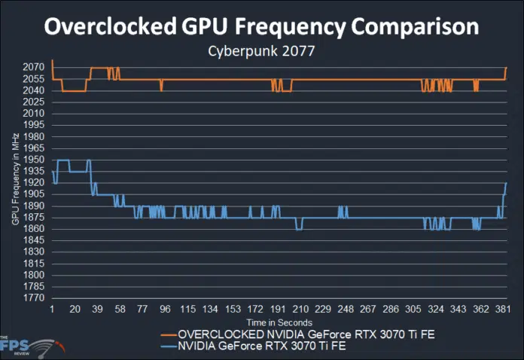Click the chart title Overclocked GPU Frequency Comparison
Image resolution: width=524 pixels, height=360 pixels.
(261, 26)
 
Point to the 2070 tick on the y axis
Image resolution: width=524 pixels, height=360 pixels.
(35, 67)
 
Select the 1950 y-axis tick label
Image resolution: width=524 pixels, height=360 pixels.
(35, 160)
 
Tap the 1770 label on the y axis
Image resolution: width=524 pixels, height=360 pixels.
(35, 298)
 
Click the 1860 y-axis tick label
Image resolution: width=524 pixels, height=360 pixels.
(35, 229)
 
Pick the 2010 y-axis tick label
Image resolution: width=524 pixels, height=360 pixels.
(35, 113)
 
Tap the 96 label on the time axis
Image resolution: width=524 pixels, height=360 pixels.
(165, 310)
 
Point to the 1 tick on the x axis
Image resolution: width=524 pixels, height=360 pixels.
(52, 310)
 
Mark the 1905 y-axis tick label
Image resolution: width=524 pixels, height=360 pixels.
(35, 194)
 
